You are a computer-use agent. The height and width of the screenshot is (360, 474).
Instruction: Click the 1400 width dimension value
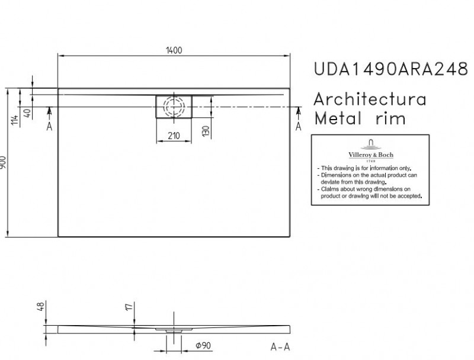174,50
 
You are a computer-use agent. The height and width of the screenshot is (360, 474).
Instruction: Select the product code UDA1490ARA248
390,69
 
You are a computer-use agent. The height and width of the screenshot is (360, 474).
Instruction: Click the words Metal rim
360,118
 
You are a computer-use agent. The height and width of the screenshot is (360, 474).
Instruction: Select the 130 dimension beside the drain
205,130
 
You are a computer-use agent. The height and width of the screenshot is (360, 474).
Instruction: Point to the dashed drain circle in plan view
174,107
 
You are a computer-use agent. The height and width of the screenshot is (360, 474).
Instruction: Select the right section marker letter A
299,126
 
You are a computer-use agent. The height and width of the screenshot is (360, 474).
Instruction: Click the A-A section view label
279,346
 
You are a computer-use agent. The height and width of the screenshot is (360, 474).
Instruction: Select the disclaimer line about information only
366,169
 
